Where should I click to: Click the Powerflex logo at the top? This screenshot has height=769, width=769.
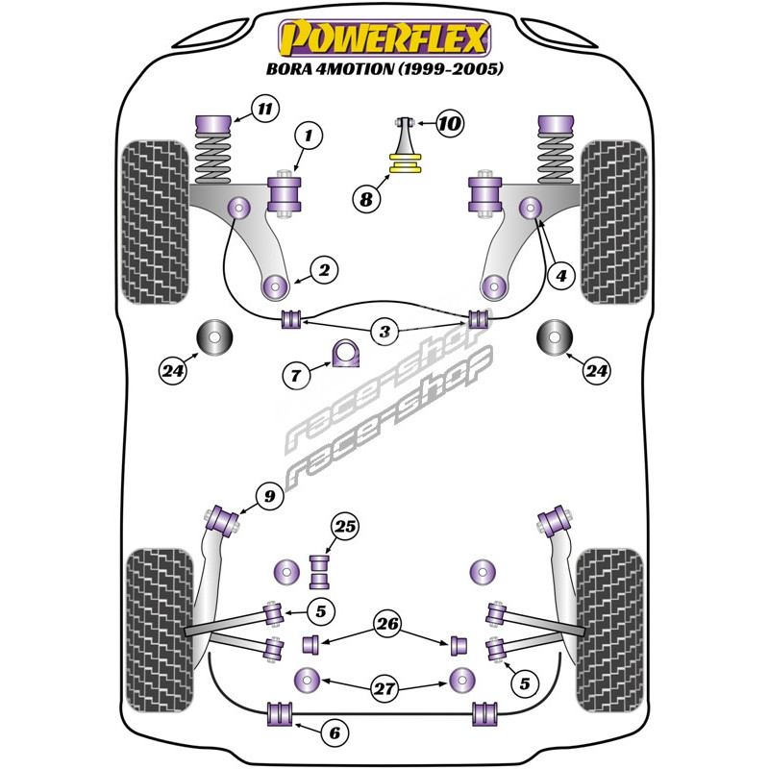point(384,39)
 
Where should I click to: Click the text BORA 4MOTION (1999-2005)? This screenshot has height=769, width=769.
point(384,69)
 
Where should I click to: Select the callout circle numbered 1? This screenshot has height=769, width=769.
point(308,137)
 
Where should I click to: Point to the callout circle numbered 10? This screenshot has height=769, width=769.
point(449,122)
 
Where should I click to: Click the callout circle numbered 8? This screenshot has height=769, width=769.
point(366,199)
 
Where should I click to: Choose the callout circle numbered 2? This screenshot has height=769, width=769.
point(324,271)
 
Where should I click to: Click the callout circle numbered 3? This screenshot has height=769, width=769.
point(384,333)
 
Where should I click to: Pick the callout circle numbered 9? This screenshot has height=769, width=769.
point(270,497)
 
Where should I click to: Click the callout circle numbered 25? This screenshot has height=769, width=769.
point(344,525)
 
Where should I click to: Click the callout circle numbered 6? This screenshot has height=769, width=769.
point(335,733)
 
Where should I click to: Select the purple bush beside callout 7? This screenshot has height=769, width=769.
point(344,354)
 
